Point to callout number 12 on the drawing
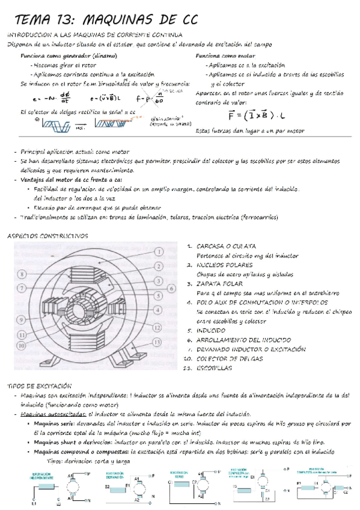tap(159, 328)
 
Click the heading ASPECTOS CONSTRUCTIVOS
tap(47, 236)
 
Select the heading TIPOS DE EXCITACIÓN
tap(39, 385)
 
